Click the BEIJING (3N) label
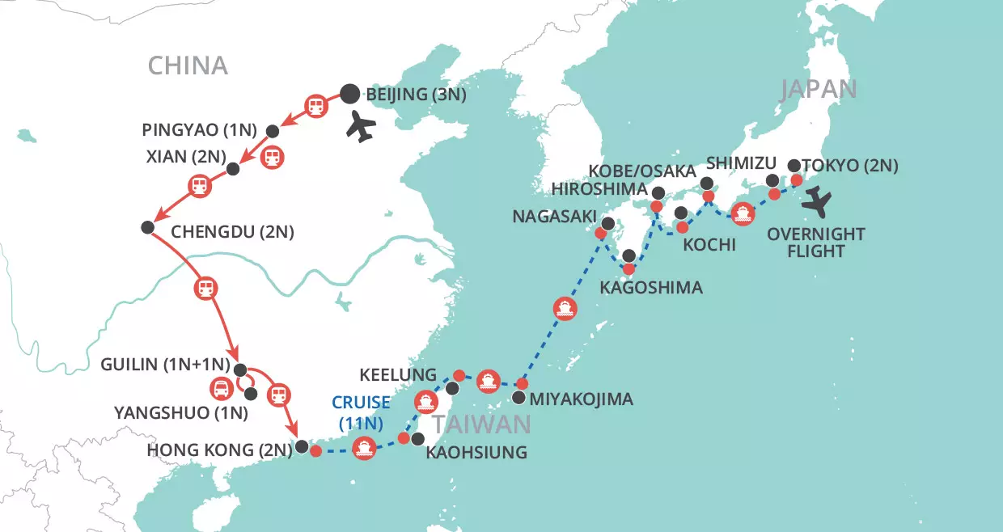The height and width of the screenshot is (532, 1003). (416, 95)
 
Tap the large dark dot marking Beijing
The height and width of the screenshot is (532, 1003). (349, 94)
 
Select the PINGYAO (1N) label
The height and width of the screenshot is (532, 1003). (199, 129)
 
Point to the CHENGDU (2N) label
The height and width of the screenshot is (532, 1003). (233, 233)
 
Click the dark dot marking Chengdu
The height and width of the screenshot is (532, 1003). (147, 227)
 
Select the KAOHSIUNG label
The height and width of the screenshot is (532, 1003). (476, 453)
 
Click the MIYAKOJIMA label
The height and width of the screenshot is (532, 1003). (582, 399)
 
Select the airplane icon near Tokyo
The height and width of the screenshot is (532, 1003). (821, 201)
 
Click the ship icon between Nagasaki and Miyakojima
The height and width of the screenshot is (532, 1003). (565, 308)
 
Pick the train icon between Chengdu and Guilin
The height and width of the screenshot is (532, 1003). (205, 287)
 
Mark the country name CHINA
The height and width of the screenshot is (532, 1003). (187, 66)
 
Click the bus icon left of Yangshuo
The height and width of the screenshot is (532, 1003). (221, 389)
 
